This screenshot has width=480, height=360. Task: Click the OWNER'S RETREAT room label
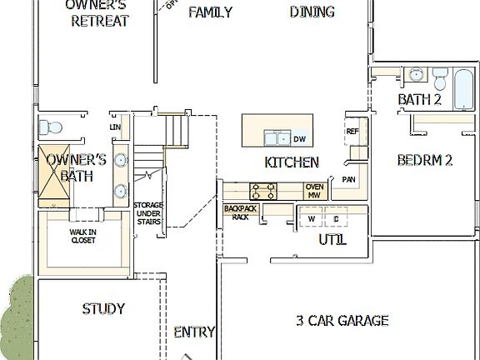point(100,12)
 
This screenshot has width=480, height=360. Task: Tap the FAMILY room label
point(210,12)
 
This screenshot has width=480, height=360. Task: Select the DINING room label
point(312,12)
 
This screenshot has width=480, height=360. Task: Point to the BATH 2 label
point(419,100)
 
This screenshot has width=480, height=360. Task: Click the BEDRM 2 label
point(424,160)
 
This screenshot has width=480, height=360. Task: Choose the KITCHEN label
point(292,162)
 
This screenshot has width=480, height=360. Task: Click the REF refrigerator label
point(352,132)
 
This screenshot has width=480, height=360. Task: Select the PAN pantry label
point(348,179)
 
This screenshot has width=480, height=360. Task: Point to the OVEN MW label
point(314,191)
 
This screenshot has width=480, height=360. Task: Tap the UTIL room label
point(332,240)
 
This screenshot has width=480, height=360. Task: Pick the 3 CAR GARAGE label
point(342,320)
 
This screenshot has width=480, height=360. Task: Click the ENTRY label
point(194,332)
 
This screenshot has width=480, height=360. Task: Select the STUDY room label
point(103,309)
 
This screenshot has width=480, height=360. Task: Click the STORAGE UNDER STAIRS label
point(148,213)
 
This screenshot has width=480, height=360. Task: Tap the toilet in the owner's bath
point(51,127)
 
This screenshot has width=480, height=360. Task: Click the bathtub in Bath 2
point(462,90)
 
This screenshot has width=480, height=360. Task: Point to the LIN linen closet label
point(115,127)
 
